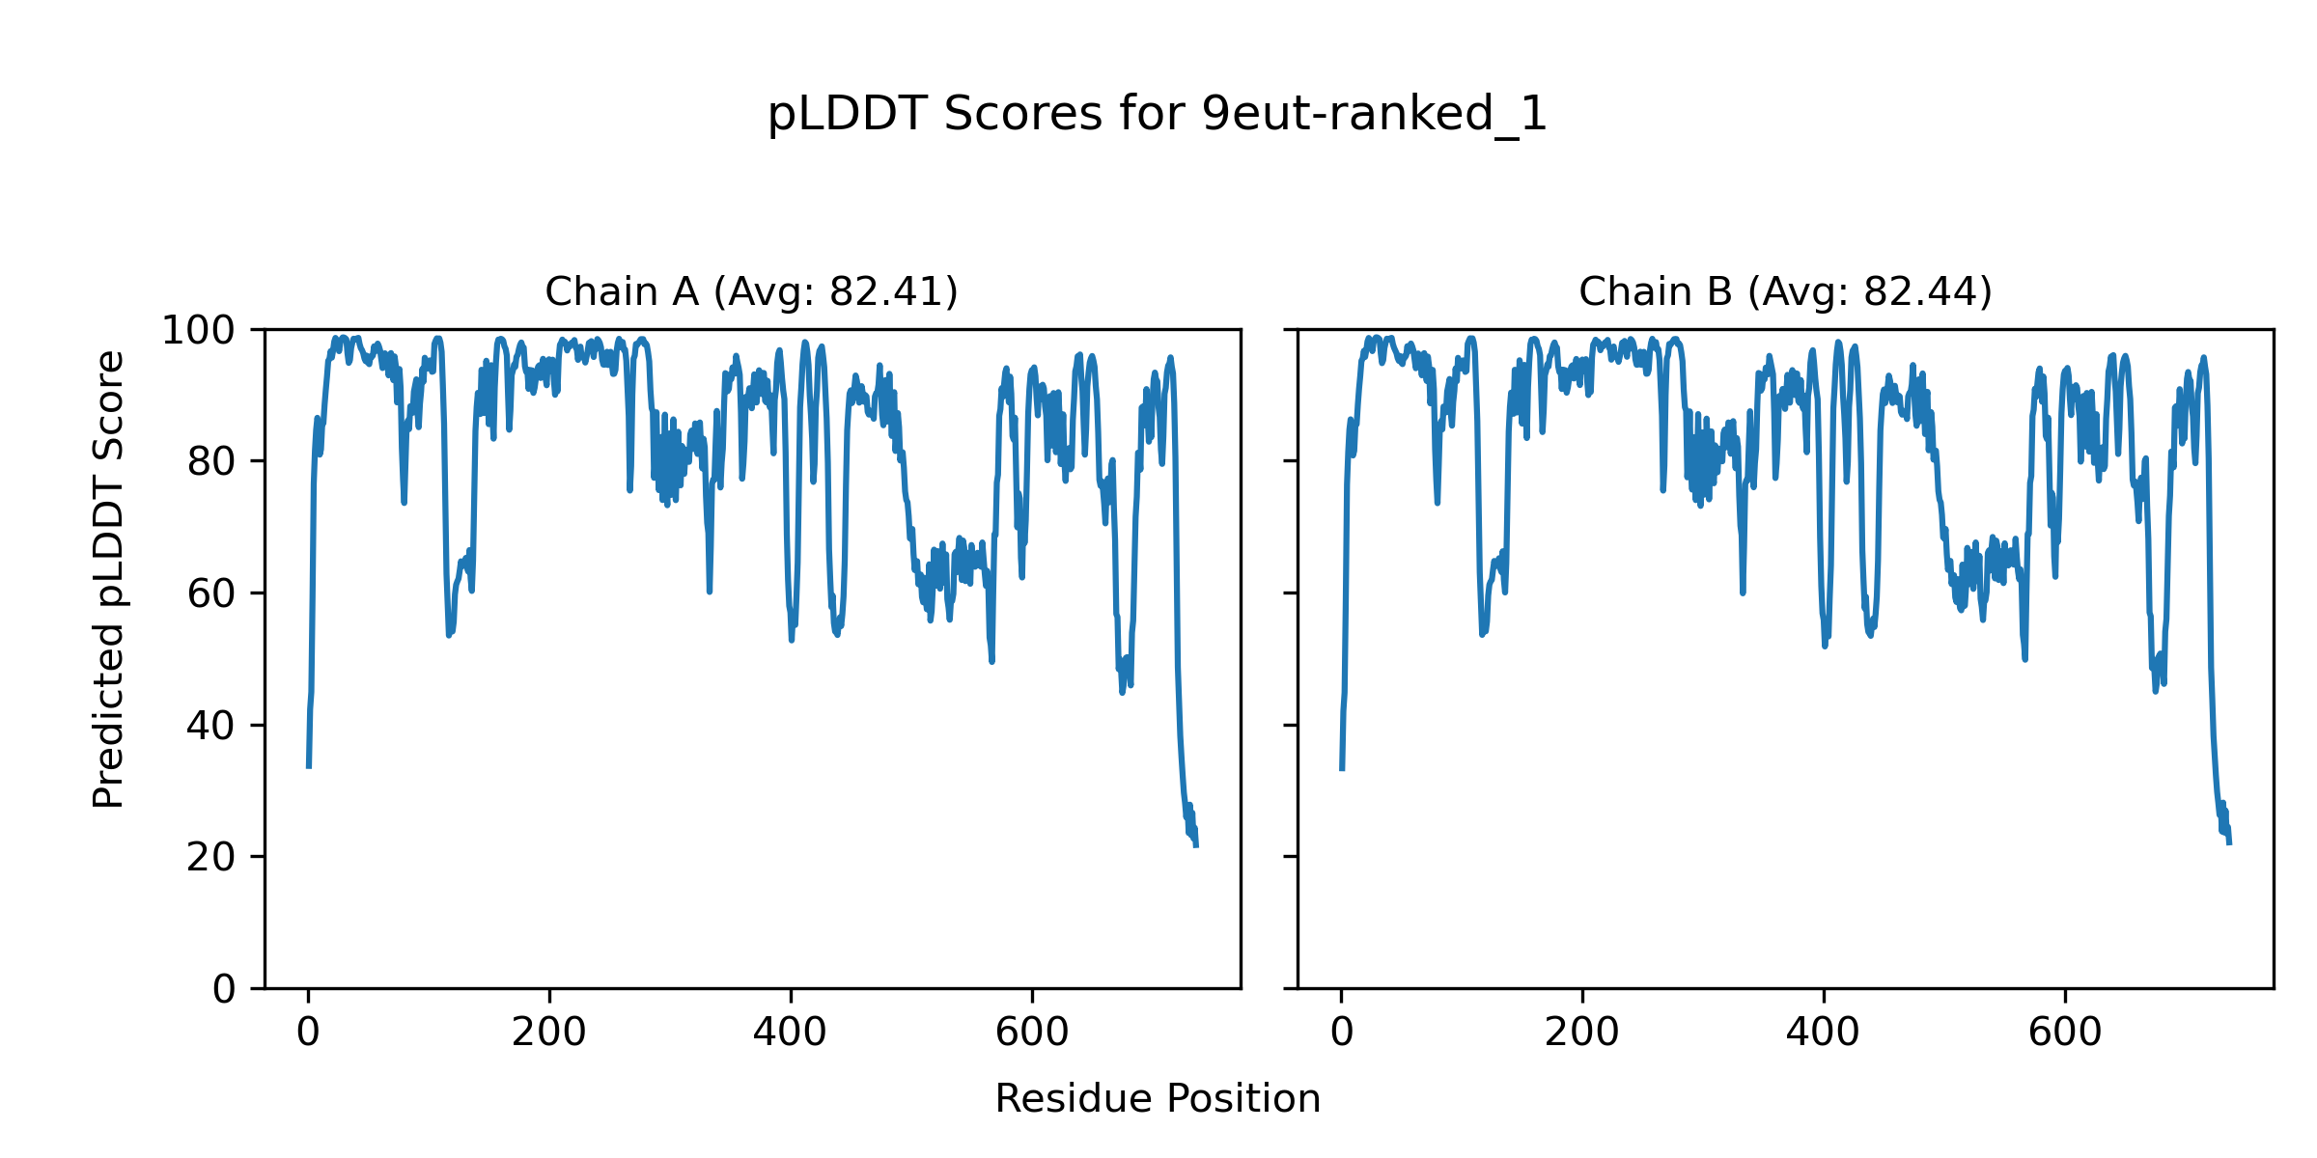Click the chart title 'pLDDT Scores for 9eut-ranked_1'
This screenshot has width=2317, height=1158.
[1157, 114]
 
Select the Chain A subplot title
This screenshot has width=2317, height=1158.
[751, 291]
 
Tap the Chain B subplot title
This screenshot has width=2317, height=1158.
[1785, 291]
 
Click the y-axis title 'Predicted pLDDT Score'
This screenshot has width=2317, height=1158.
[108, 579]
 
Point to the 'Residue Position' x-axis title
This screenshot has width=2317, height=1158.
[1157, 1099]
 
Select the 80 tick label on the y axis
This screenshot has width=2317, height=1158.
[211, 462]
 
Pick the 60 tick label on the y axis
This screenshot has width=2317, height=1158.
[211, 593]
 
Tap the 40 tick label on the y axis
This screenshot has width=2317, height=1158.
[211, 726]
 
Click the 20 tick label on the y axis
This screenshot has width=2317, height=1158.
[211, 857]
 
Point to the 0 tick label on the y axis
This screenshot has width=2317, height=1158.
[224, 989]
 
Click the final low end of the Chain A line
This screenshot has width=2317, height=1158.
[1196, 845]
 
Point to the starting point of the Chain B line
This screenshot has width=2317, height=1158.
[1341, 769]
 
